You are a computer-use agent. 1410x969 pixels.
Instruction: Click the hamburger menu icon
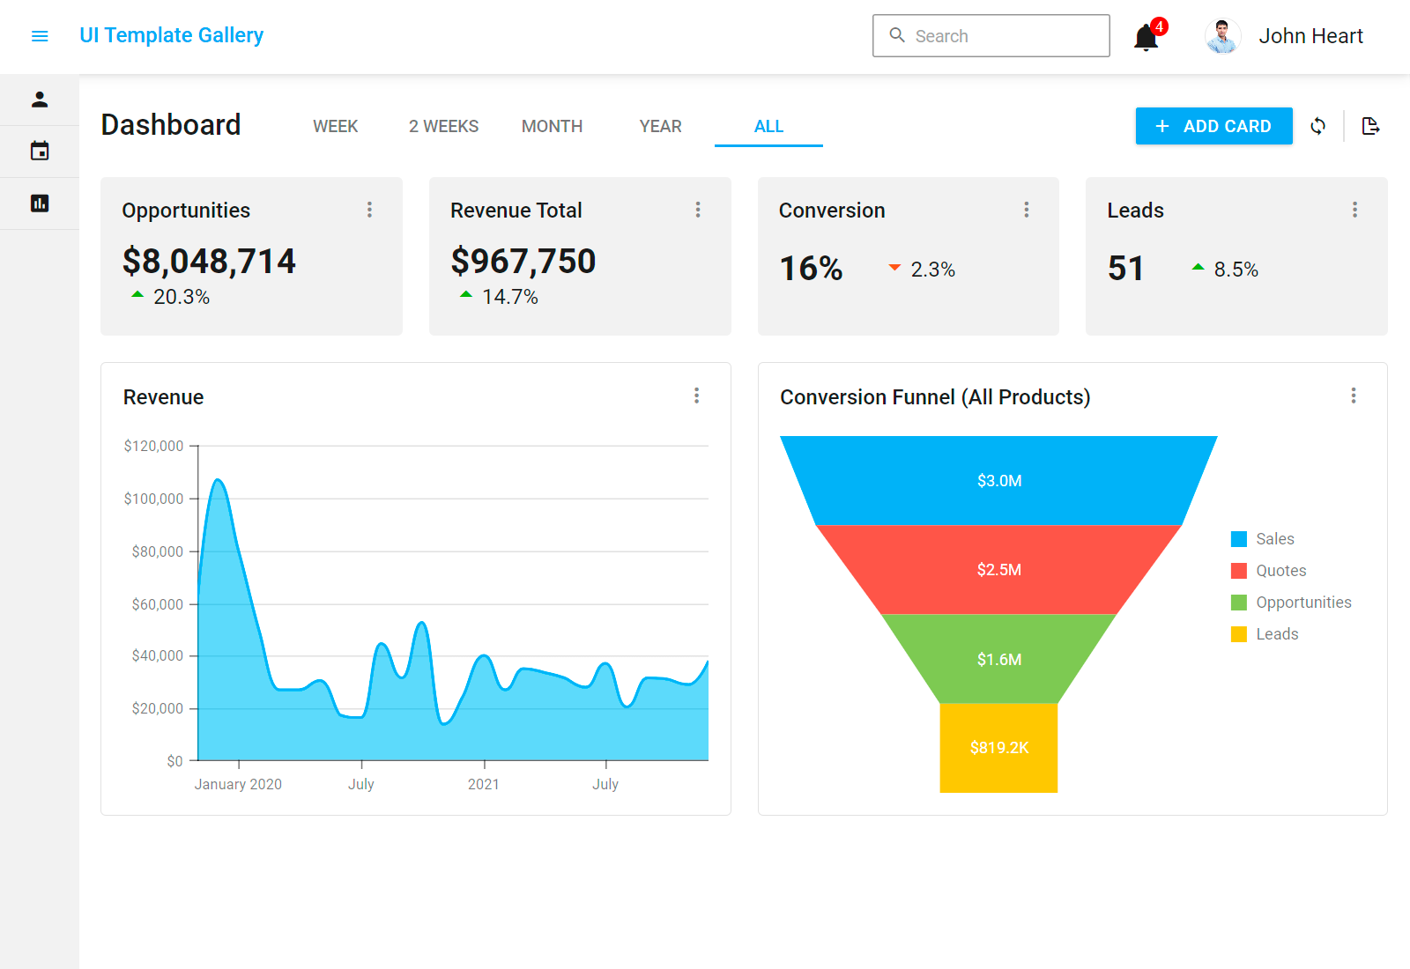coord(40,36)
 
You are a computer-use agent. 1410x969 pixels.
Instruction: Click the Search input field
coord(991,36)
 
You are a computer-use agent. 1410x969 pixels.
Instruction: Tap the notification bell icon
coord(1146,38)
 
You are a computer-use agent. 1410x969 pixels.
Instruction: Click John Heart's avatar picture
coord(1222,36)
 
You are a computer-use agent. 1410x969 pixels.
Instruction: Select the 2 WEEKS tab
coord(443,126)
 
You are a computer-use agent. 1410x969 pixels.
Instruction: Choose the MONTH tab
coord(552,126)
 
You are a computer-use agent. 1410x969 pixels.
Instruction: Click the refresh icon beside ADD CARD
coord(1317,126)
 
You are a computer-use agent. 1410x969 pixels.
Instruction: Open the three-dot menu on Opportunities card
coord(369,210)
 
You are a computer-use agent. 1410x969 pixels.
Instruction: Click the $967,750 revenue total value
coord(523,261)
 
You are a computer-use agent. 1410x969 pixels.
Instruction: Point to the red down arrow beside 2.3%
coord(894,267)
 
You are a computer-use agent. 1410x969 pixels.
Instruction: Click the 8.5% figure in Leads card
coord(1236,270)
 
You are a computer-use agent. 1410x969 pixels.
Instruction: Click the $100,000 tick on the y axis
coord(154,499)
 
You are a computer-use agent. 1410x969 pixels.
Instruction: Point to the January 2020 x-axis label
coord(238,784)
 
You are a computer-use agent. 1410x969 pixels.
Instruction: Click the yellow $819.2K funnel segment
coord(998,748)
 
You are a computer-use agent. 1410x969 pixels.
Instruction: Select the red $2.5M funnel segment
coord(998,570)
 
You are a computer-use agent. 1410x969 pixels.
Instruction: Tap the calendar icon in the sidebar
coord(40,151)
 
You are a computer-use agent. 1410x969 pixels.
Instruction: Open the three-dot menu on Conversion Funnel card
coord(1354,396)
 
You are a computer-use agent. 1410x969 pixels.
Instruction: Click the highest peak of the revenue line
coord(218,480)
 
